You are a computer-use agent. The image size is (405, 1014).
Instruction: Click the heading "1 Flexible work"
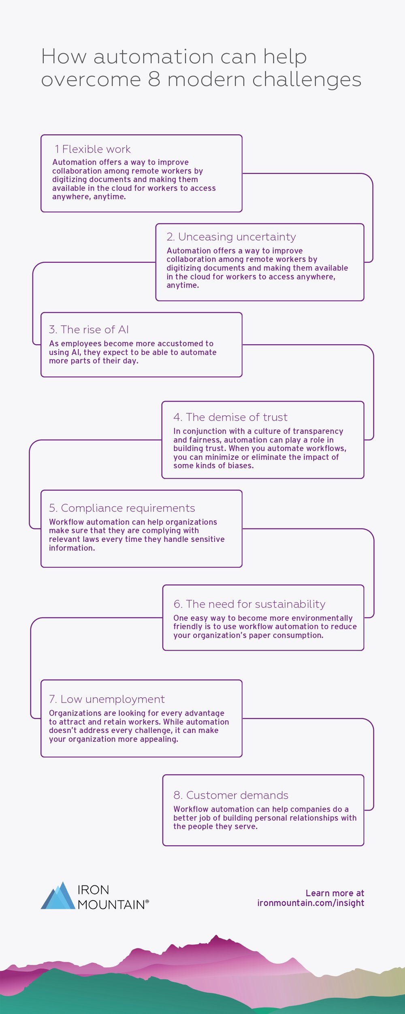pos(93,149)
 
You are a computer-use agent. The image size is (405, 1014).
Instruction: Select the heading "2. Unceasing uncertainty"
pos(231,237)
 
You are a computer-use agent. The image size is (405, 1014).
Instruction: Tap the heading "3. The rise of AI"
pos(89,329)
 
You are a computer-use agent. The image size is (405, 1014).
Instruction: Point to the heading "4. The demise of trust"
pos(230,417)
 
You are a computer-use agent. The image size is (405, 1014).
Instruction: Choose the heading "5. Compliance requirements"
pos(122,508)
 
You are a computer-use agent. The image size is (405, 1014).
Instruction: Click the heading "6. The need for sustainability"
pos(249,604)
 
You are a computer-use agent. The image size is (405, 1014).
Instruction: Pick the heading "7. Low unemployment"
pos(107,699)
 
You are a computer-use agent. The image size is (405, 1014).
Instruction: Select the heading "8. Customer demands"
pos(231,795)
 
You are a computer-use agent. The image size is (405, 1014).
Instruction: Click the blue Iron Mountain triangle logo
pos(58,895)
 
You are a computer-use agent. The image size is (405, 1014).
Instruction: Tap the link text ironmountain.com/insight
pos(311,903)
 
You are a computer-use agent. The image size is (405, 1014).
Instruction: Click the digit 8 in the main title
pos(154,79)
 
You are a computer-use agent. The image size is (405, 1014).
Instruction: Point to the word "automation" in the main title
pos(153,56)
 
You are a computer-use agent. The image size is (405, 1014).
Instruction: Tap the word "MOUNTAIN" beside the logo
pos(111,904)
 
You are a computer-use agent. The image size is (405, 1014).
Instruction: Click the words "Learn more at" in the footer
pos(335,893)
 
